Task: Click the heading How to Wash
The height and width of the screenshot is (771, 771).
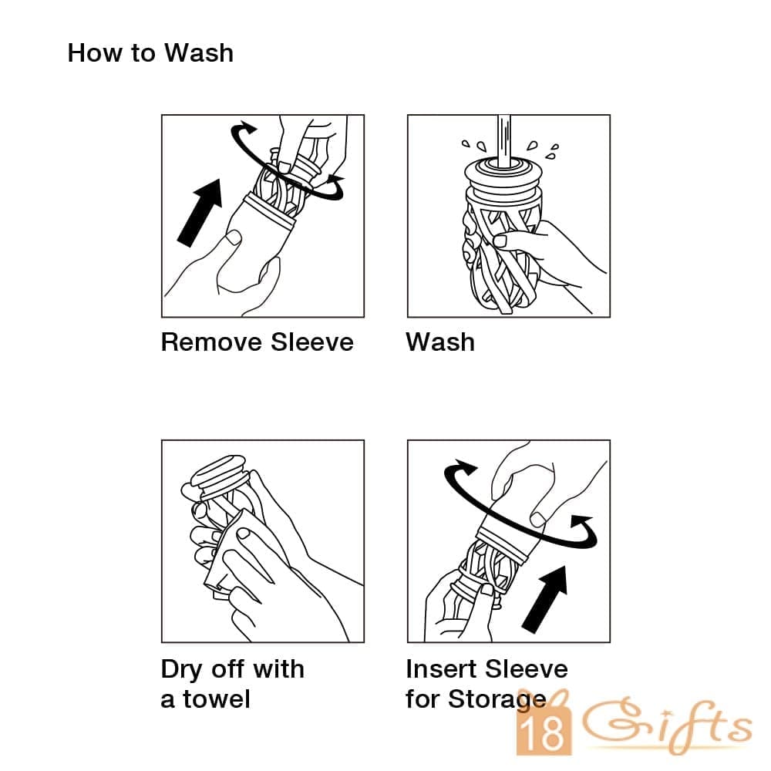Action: (150, 53)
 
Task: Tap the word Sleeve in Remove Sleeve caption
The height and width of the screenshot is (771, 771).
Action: (312, 342)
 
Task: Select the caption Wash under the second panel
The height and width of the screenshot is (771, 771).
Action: (440, 342)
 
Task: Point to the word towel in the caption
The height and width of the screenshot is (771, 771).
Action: (217, 699)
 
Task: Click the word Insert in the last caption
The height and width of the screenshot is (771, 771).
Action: (441, 668)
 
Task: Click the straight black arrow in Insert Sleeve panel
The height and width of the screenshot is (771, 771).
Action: (545, 599)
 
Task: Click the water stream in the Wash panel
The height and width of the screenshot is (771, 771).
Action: (503, 141)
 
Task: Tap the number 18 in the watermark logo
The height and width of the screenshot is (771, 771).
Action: (544, 732)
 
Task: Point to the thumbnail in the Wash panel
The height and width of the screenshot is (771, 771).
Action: (500, 241)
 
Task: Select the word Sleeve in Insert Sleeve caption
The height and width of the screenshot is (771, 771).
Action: (526, 668)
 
